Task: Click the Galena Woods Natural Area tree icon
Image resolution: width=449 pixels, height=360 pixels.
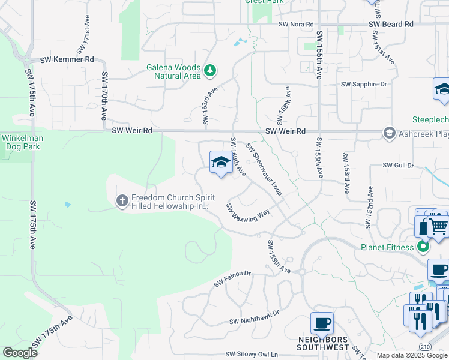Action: click(209, 71)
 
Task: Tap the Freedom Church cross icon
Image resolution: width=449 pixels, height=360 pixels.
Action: click(122, 200)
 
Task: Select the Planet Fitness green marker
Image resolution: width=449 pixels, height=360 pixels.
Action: click(424, 247)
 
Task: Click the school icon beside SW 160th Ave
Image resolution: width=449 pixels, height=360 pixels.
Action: click(221, 162)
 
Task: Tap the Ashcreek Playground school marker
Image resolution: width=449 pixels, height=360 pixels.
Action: click(389, 133)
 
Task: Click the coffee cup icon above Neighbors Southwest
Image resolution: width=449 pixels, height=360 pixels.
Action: click(322, 323)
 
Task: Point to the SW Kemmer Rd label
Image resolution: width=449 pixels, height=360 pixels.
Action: click(67, 60)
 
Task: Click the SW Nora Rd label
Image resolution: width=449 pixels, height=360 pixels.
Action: click(296, 24)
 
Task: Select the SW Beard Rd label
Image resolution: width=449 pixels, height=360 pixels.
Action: click(391, 24)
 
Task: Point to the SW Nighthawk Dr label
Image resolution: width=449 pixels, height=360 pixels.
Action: click(254, 317)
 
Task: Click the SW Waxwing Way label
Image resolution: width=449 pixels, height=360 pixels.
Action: click(247, 212)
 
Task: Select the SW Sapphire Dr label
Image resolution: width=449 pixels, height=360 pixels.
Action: click(364, 85)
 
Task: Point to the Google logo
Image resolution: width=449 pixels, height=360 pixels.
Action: click(20, 353)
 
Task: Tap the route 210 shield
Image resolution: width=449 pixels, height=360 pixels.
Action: click(424, 347)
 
